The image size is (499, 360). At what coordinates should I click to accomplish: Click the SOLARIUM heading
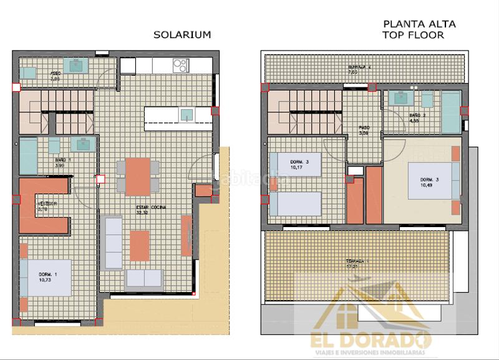(x=182, y=35)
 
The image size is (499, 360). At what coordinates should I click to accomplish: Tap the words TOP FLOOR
(x=414, y=36)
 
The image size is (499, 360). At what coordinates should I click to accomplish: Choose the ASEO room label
(x=55, y=73)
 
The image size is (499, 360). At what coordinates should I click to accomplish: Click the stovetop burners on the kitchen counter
(x=180, y=65)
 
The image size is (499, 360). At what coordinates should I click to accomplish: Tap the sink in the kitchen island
(x=187, y=114)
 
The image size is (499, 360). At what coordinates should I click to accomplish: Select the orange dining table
(x=138, y=177)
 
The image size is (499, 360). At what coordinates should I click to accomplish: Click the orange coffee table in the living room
(x=139, y=245)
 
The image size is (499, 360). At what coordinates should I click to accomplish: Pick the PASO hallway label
(x=364, y=127)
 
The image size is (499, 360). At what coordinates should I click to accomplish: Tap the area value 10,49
(x=426, y=185)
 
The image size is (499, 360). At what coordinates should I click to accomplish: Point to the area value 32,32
(x=143, y=213)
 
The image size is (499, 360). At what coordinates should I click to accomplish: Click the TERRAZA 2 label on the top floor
(x=359, y=67)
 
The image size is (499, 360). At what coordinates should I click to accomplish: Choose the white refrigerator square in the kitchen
(x=128, y=66)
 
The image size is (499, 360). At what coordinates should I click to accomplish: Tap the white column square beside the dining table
(x=100, y=180)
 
